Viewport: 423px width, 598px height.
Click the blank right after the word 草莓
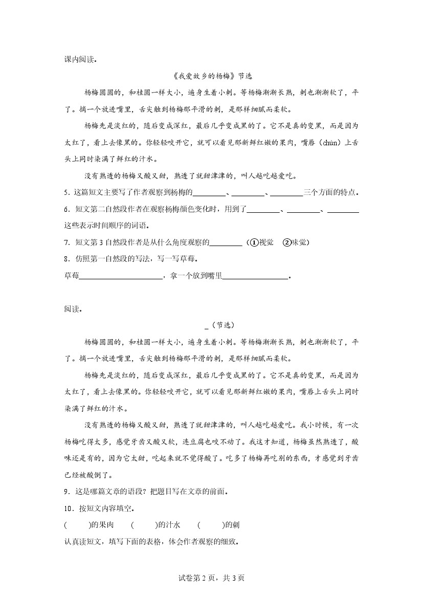pyautogui.click(x=121, y=277)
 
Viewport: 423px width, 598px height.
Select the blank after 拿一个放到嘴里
pyautogui.click(x=256, y=277)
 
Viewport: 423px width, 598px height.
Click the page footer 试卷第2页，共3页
pyautogui.click(x=211, y=578)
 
